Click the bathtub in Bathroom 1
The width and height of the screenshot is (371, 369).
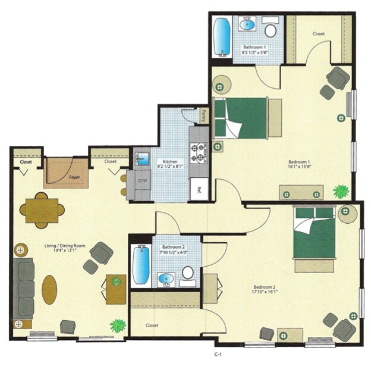221,36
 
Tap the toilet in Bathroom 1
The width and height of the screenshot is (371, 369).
271,30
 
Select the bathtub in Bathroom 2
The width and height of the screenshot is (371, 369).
140,265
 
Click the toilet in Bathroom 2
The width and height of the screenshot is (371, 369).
188,273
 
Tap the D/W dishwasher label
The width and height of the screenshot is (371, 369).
143,180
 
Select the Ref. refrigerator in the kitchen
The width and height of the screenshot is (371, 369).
198,192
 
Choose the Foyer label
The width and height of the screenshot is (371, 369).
74,177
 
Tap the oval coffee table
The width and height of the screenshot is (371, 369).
50,290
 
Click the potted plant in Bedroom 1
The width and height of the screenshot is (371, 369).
341,192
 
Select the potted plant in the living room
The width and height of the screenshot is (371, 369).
118,326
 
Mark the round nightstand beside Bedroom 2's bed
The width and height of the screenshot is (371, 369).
347,213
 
